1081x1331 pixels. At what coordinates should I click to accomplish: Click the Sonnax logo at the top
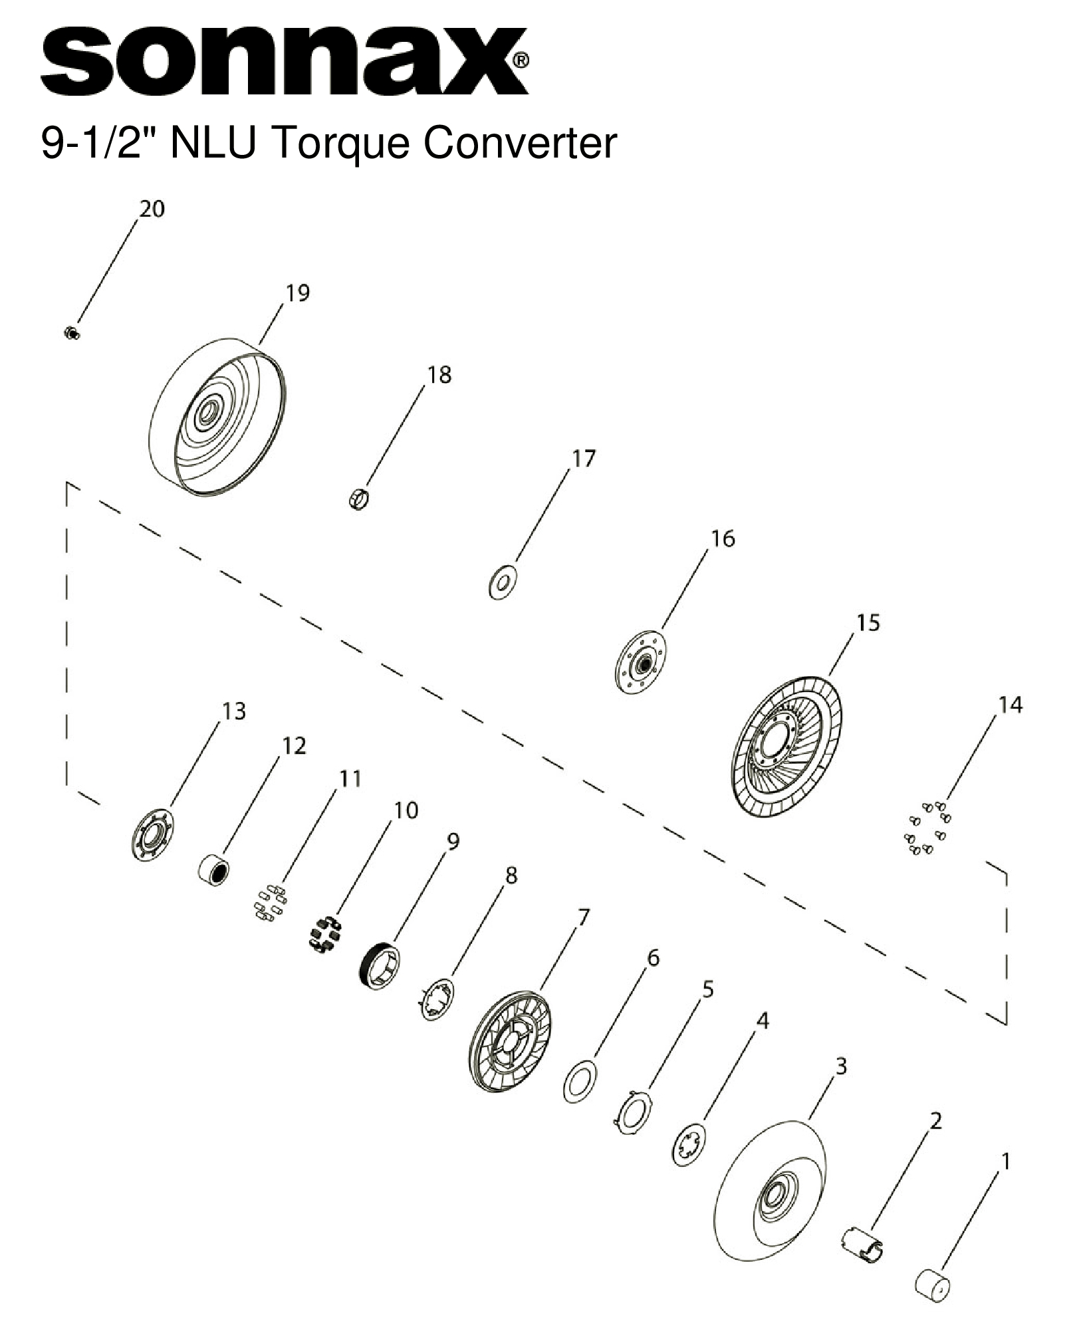285,61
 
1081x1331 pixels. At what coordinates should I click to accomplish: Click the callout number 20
151,209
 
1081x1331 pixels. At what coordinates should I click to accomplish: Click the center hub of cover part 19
209,414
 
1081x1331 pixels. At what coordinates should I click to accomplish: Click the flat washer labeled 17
503,582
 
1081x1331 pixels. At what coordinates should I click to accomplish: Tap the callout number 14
1011,705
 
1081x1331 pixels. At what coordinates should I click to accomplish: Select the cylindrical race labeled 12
214,871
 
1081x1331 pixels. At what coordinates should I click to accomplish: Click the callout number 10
406,810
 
